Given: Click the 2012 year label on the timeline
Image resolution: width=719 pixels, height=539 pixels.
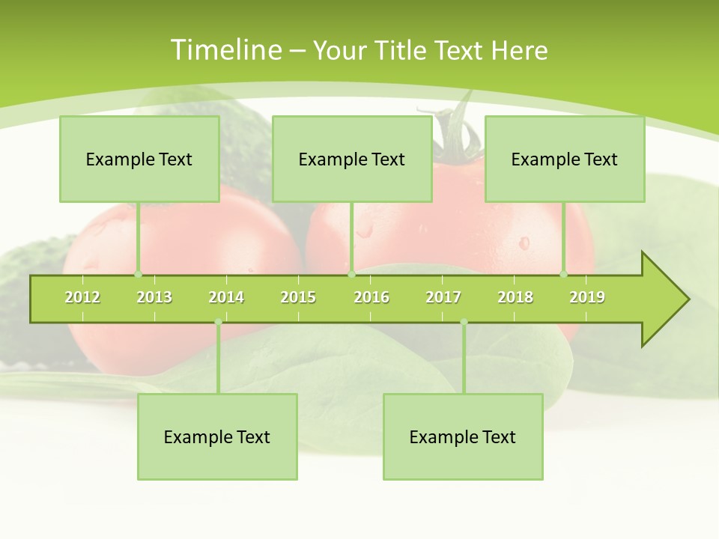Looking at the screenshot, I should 82,297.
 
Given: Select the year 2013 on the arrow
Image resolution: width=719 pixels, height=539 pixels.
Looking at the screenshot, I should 154,297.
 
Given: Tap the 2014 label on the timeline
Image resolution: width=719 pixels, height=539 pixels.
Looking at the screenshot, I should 226,297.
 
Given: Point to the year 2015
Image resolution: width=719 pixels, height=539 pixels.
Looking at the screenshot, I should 298,297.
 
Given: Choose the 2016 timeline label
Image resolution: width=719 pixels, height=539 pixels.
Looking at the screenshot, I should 371,297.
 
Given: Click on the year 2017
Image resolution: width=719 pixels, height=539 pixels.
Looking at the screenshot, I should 443,297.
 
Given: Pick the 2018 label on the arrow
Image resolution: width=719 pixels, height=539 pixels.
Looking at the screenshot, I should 515,297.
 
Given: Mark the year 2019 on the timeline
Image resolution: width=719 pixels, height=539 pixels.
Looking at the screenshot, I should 587,297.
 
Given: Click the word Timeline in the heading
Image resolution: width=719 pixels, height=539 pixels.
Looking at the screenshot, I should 225,50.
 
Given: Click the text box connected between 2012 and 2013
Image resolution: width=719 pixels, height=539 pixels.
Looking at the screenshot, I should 139,159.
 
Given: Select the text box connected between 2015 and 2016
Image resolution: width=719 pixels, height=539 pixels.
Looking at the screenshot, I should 352,159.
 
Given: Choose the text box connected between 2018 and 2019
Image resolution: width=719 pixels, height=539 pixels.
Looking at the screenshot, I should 565,159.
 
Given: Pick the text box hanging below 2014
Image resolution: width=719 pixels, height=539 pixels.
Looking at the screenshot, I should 217,436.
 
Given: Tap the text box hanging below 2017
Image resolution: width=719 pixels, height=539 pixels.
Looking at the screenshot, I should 463,436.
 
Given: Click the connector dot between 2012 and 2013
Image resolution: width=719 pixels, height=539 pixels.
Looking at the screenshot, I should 138,274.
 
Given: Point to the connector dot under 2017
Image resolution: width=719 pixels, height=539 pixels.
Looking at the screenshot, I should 464,322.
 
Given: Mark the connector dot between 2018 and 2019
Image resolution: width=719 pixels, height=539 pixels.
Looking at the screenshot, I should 564,274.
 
